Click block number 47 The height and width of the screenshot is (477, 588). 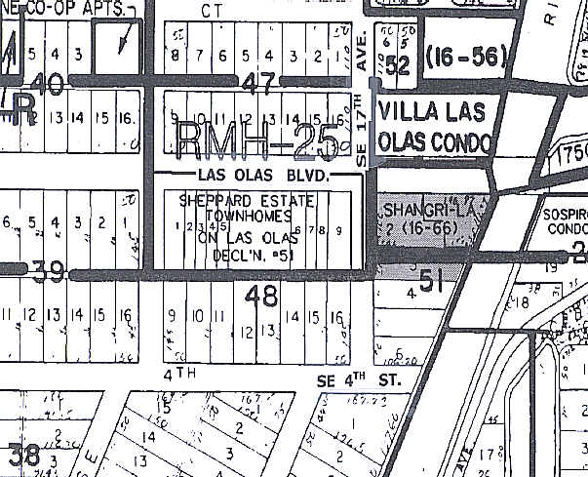click(258, 83)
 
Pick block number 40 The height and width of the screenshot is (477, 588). click(53, 84)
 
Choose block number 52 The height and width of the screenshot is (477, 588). click(397, 64)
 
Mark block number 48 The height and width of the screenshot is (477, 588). click(262, 296)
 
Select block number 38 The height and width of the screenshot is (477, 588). click(23, 454)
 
